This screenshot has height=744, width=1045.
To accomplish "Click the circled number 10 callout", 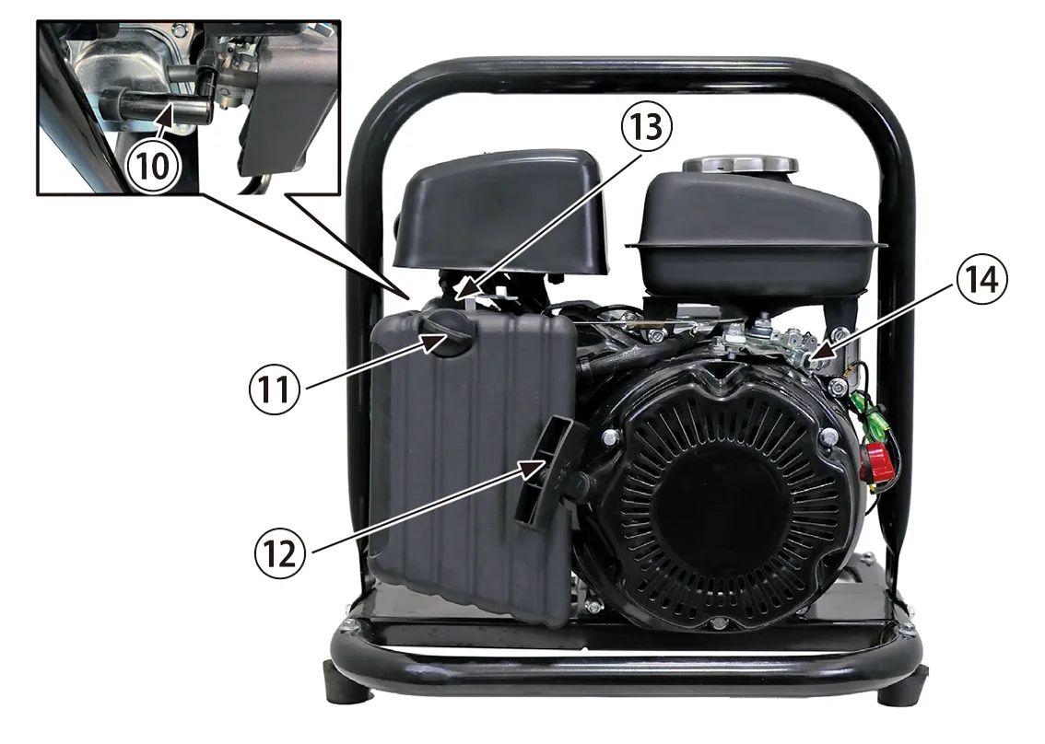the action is (x=153, y=165).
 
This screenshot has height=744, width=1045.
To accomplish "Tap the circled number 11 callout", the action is (x=274, y=389).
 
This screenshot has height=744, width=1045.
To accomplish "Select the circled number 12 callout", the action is (x=280, y=552).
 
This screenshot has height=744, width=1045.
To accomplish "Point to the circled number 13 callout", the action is (x=646, y=126).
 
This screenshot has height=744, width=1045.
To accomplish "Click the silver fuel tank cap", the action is (x=740, y=165).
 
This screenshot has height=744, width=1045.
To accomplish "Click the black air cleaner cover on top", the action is (x=502, y=210).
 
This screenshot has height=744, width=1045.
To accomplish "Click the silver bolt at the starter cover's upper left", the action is (x=608, y=437).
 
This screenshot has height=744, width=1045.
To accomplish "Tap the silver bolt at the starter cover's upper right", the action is (x=828, y=436).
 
